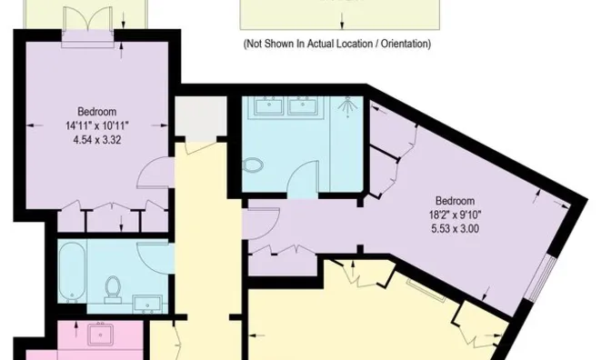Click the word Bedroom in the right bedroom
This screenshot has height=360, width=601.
click(x=455, y=201)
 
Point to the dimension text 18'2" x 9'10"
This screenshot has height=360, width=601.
click(x=455, y=215)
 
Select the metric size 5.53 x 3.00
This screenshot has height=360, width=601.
click(x=455, y=228)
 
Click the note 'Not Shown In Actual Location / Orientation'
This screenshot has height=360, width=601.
click(x=336, y=44)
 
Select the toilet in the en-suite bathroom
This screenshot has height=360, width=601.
click(x=255, y=167)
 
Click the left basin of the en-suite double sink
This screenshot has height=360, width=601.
click(x=269, y=107)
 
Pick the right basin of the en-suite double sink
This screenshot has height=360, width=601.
click(x=301, y=107)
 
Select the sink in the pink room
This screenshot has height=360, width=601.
click(x=98, y=335)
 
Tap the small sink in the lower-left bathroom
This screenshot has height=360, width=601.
click(x=145, y=302)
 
